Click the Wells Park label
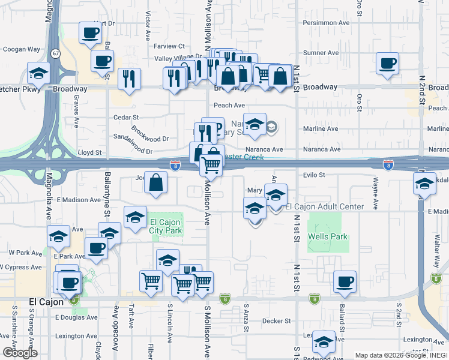point(328,236)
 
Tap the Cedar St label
point(126,118)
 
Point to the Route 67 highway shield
point(55,53)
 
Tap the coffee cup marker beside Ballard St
point(345,282)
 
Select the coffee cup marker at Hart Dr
point(90,34)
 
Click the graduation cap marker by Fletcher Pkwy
point(39,74)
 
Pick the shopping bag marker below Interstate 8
point(155,184)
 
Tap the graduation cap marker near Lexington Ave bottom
point(324,342)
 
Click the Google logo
point(20,353)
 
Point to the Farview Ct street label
point(169,46)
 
